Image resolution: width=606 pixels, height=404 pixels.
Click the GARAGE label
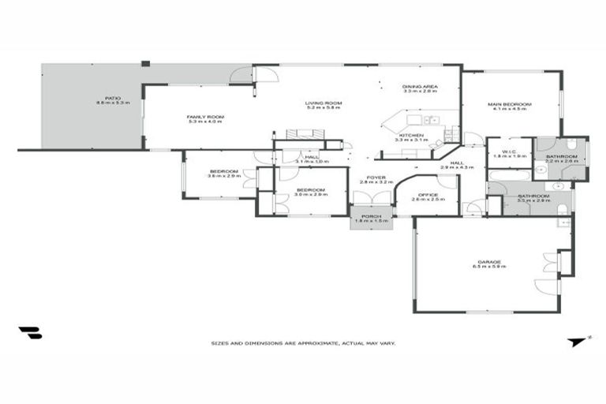(x=488, y=264)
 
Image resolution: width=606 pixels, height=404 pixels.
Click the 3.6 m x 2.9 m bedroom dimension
(x=223, y=175)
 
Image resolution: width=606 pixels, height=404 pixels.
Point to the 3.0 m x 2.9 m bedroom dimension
(x=311, y=193)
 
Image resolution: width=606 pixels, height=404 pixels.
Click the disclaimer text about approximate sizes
(x=303, y=343)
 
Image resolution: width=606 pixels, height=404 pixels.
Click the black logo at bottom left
(x=30, y=333)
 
